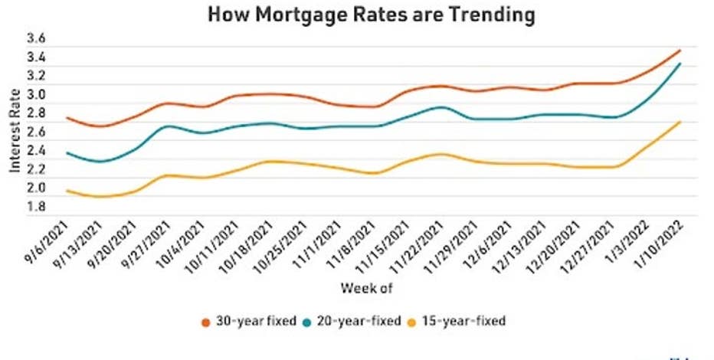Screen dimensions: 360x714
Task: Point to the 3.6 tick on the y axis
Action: pos(37,38)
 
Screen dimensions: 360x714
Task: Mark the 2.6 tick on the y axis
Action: pos(37,132)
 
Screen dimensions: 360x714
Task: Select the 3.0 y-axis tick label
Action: pos(37,95)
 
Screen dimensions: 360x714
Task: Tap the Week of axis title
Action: pos(366,288)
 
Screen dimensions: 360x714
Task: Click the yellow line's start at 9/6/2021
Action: pos(67,191)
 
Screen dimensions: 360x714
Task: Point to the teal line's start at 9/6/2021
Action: pos(67,153)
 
